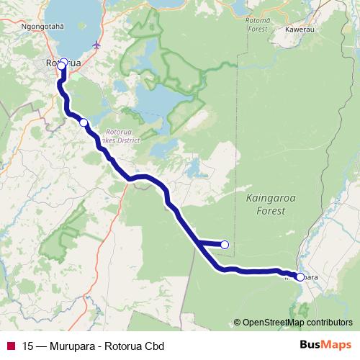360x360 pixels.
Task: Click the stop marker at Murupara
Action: [x=300, y=276]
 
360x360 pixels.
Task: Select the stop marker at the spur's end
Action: [x=224, y=245]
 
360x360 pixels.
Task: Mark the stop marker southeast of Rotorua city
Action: [x=84, y=122]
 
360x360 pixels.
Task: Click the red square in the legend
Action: [x=10, y=345]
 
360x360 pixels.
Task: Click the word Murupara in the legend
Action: [x=71, y=345]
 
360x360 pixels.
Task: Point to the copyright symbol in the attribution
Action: [x=238, y=323]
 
